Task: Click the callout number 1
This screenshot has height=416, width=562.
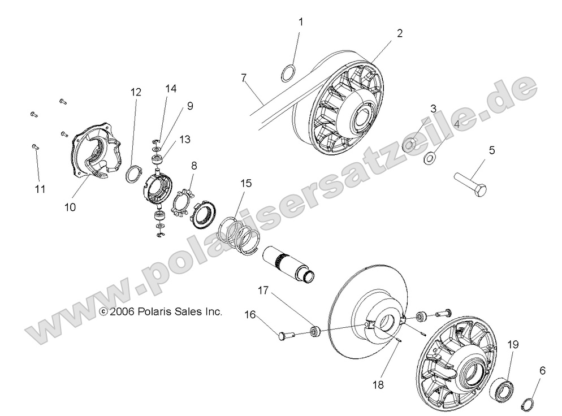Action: (301, 22)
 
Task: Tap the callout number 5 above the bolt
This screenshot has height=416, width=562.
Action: (491, 150)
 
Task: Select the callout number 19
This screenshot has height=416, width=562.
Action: (512, 344)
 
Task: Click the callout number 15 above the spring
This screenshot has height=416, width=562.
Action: (246, 184)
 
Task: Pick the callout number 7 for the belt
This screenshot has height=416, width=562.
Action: (244, 77)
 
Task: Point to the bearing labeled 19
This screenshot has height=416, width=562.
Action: (500, 391)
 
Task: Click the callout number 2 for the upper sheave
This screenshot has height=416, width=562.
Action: (399, 33)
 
